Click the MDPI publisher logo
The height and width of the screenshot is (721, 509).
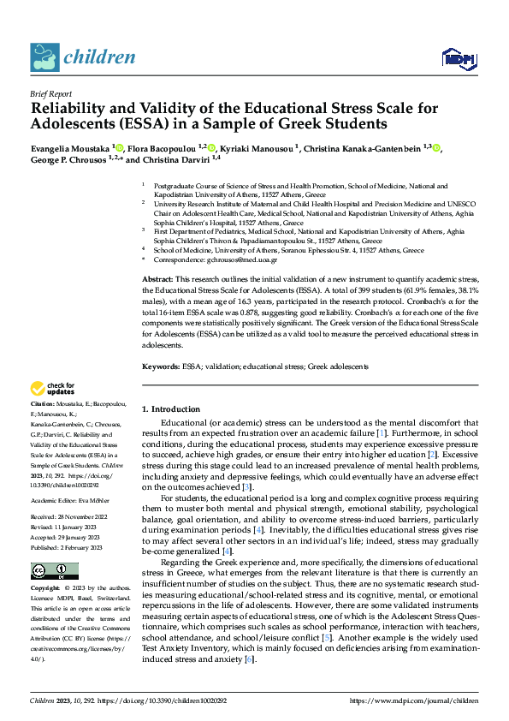click(458, 58)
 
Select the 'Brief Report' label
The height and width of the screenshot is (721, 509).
click(50, 96)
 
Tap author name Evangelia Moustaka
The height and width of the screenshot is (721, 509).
click(70, 148)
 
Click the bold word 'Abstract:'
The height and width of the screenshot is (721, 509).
click(157, 281)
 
